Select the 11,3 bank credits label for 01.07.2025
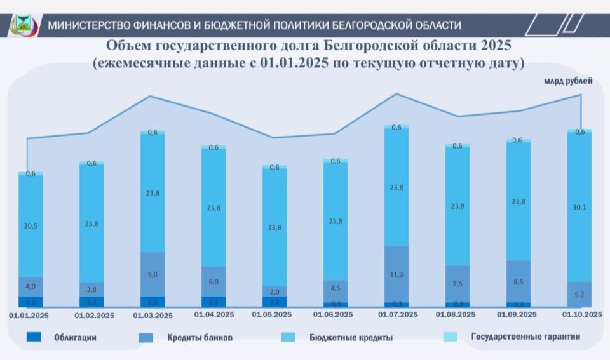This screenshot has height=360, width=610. coord(396,274)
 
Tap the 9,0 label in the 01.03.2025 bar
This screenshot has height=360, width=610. coord(152,274)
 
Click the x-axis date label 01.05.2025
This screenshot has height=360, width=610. coord(274,314)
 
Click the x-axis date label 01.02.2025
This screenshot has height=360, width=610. coord(95,314)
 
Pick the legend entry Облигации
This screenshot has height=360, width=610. coord(75,337)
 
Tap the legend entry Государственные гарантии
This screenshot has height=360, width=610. coord(525,337)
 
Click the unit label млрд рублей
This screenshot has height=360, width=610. coord(567,81)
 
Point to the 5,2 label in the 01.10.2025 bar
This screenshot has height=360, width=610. coord(579,294)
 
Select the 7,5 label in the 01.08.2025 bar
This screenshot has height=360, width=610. coord(457,284)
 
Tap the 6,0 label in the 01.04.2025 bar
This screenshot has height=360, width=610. coord(213,282)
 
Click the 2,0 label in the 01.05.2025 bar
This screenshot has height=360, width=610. coord(274,292)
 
